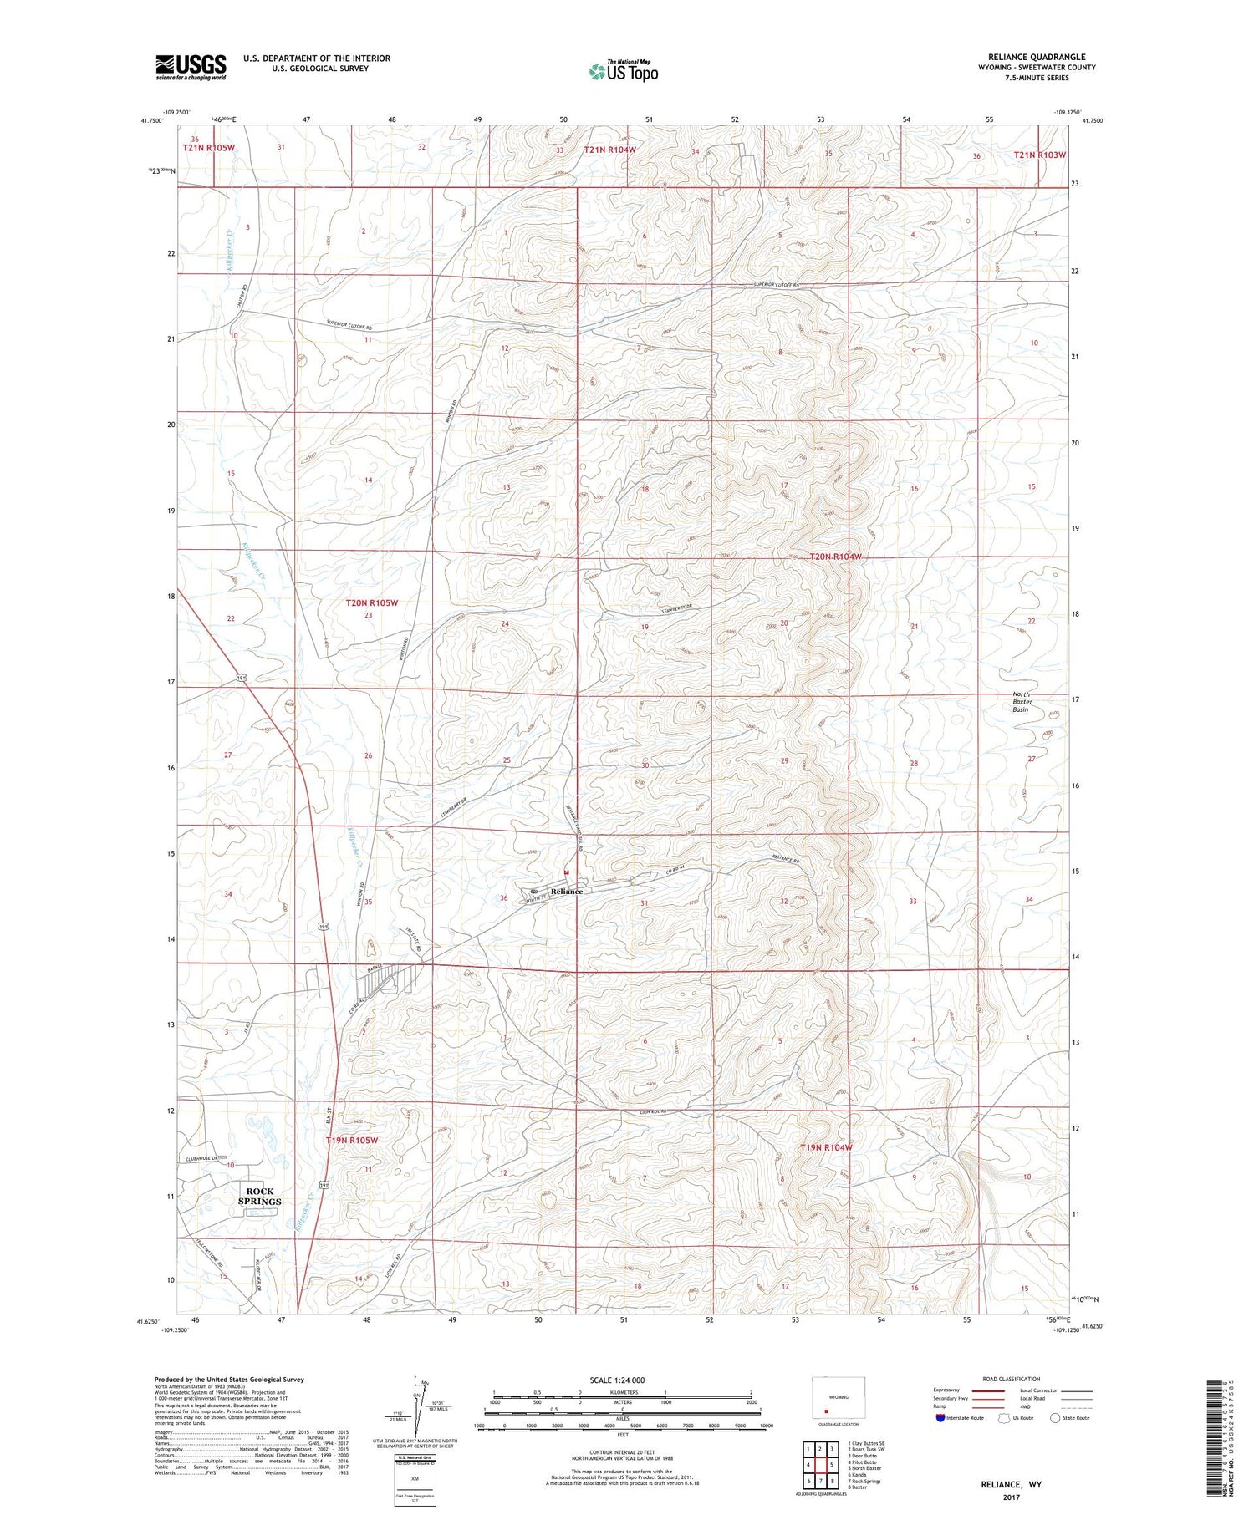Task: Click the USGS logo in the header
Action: click(x=190, y=67)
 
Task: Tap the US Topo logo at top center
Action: click(x=623, y=72)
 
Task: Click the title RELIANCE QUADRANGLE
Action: click(x=1036, y=57)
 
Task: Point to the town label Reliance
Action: click(x=566, y=891)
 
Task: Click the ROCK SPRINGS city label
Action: click(x=259, y=1196)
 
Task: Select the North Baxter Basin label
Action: click(x=1022, y=702)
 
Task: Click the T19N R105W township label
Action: click(x=351, y=1140)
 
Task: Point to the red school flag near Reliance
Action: click(x=566, y=872)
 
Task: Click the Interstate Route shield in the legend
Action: click(x=940, y=1418)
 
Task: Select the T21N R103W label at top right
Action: click(x=1039, y=155)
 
